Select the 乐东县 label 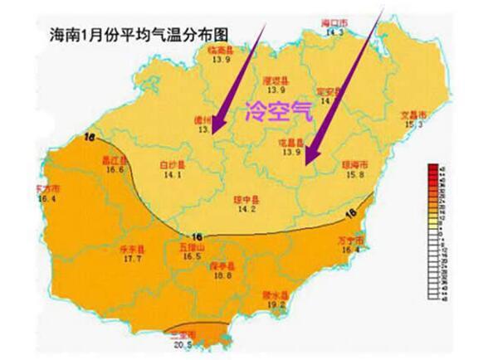(x=134, y=249)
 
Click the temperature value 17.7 (x=134, y=259)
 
